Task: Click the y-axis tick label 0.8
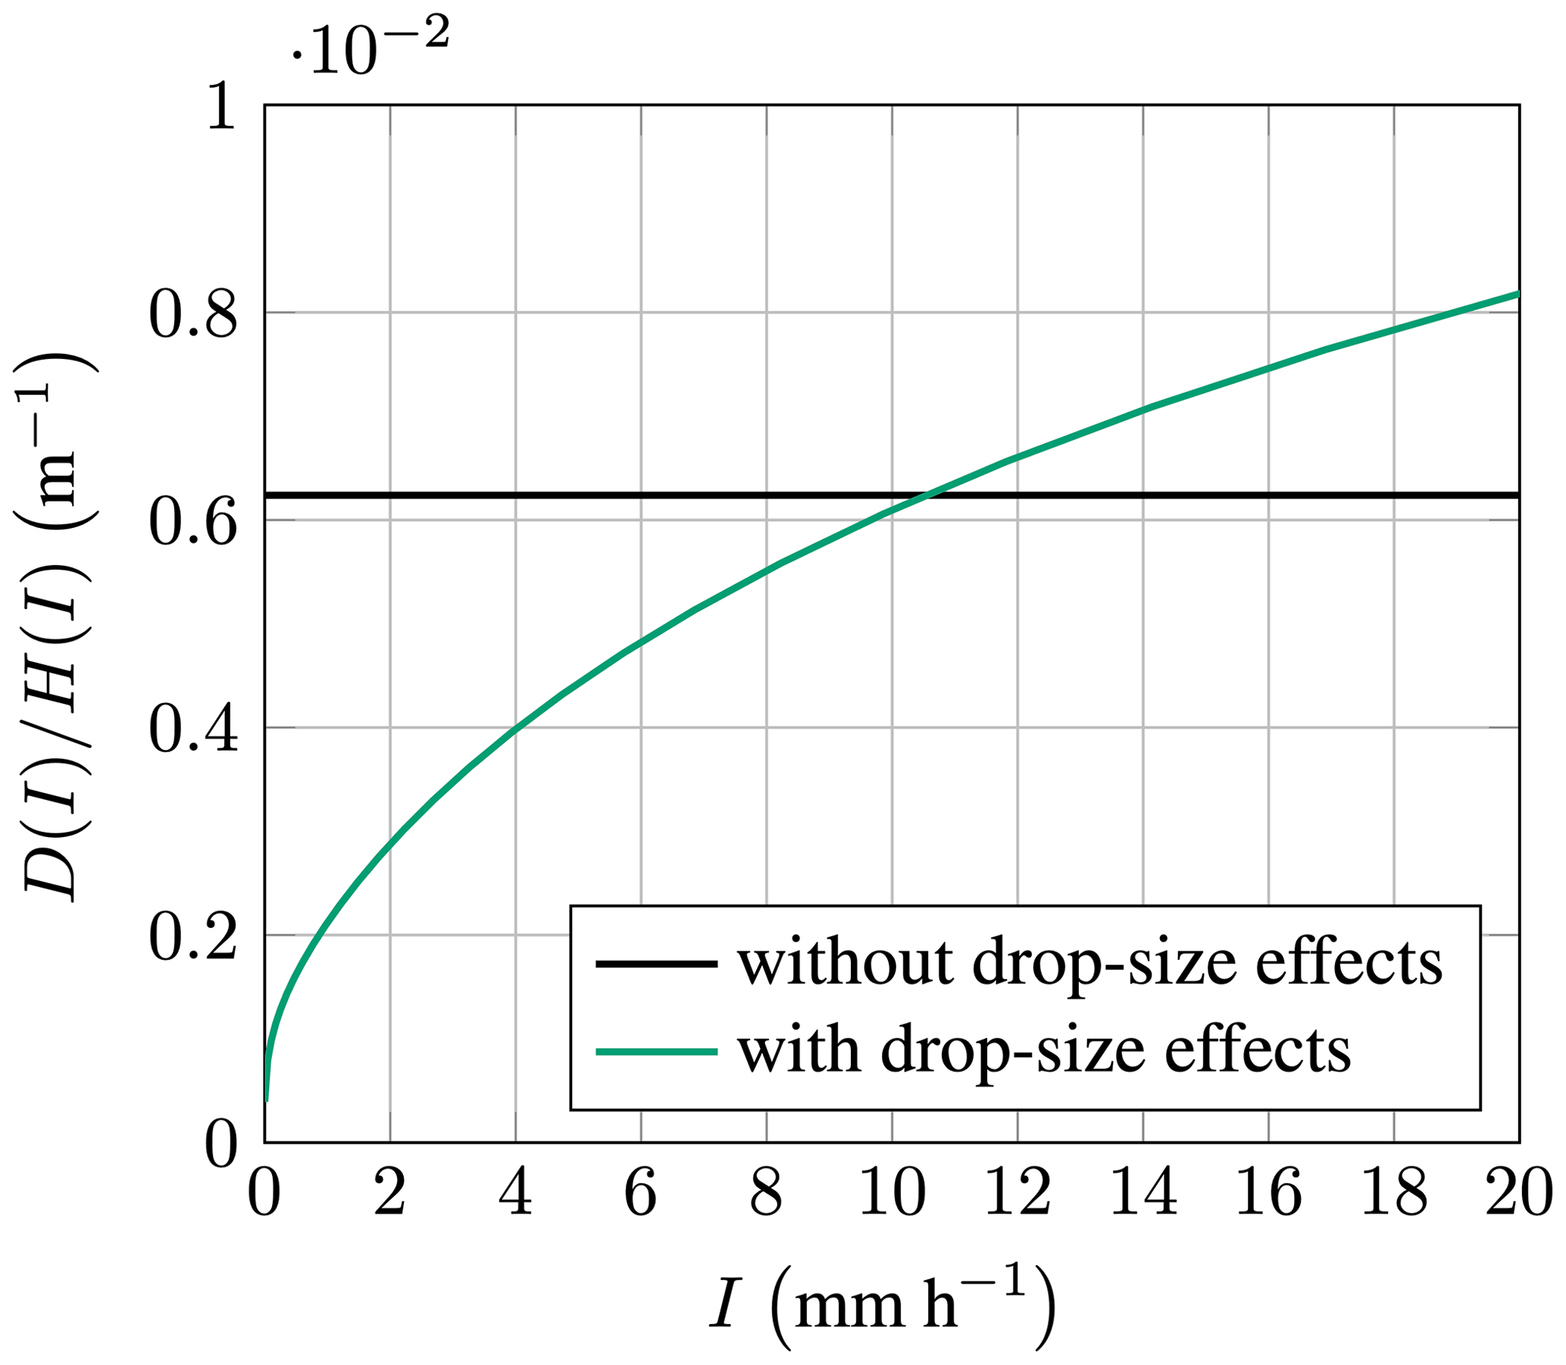(x=192, y=313)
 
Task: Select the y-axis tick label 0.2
(x=192, y=936)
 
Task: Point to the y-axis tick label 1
(x=221, y=107)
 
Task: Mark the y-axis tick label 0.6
(x=192, y=521)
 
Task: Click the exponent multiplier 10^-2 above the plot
(x=370, y=47)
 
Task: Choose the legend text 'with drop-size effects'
(x=1044, y=1052)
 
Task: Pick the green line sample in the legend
(x=657, y=1052)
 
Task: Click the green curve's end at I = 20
(x=1518, y=293)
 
